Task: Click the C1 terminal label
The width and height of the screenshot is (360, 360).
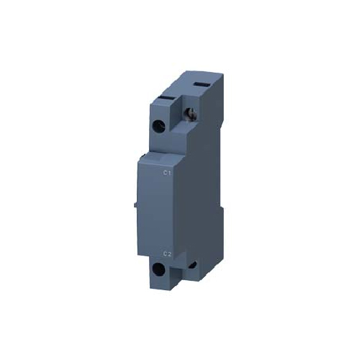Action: click(167, 173)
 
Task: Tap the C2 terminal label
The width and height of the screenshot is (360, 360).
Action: click(166, 253)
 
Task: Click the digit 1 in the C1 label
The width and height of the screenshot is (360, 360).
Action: click(169, 173)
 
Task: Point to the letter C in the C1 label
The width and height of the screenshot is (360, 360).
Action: click(165, 173)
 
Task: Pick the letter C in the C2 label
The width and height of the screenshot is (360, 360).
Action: click(164, 253)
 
